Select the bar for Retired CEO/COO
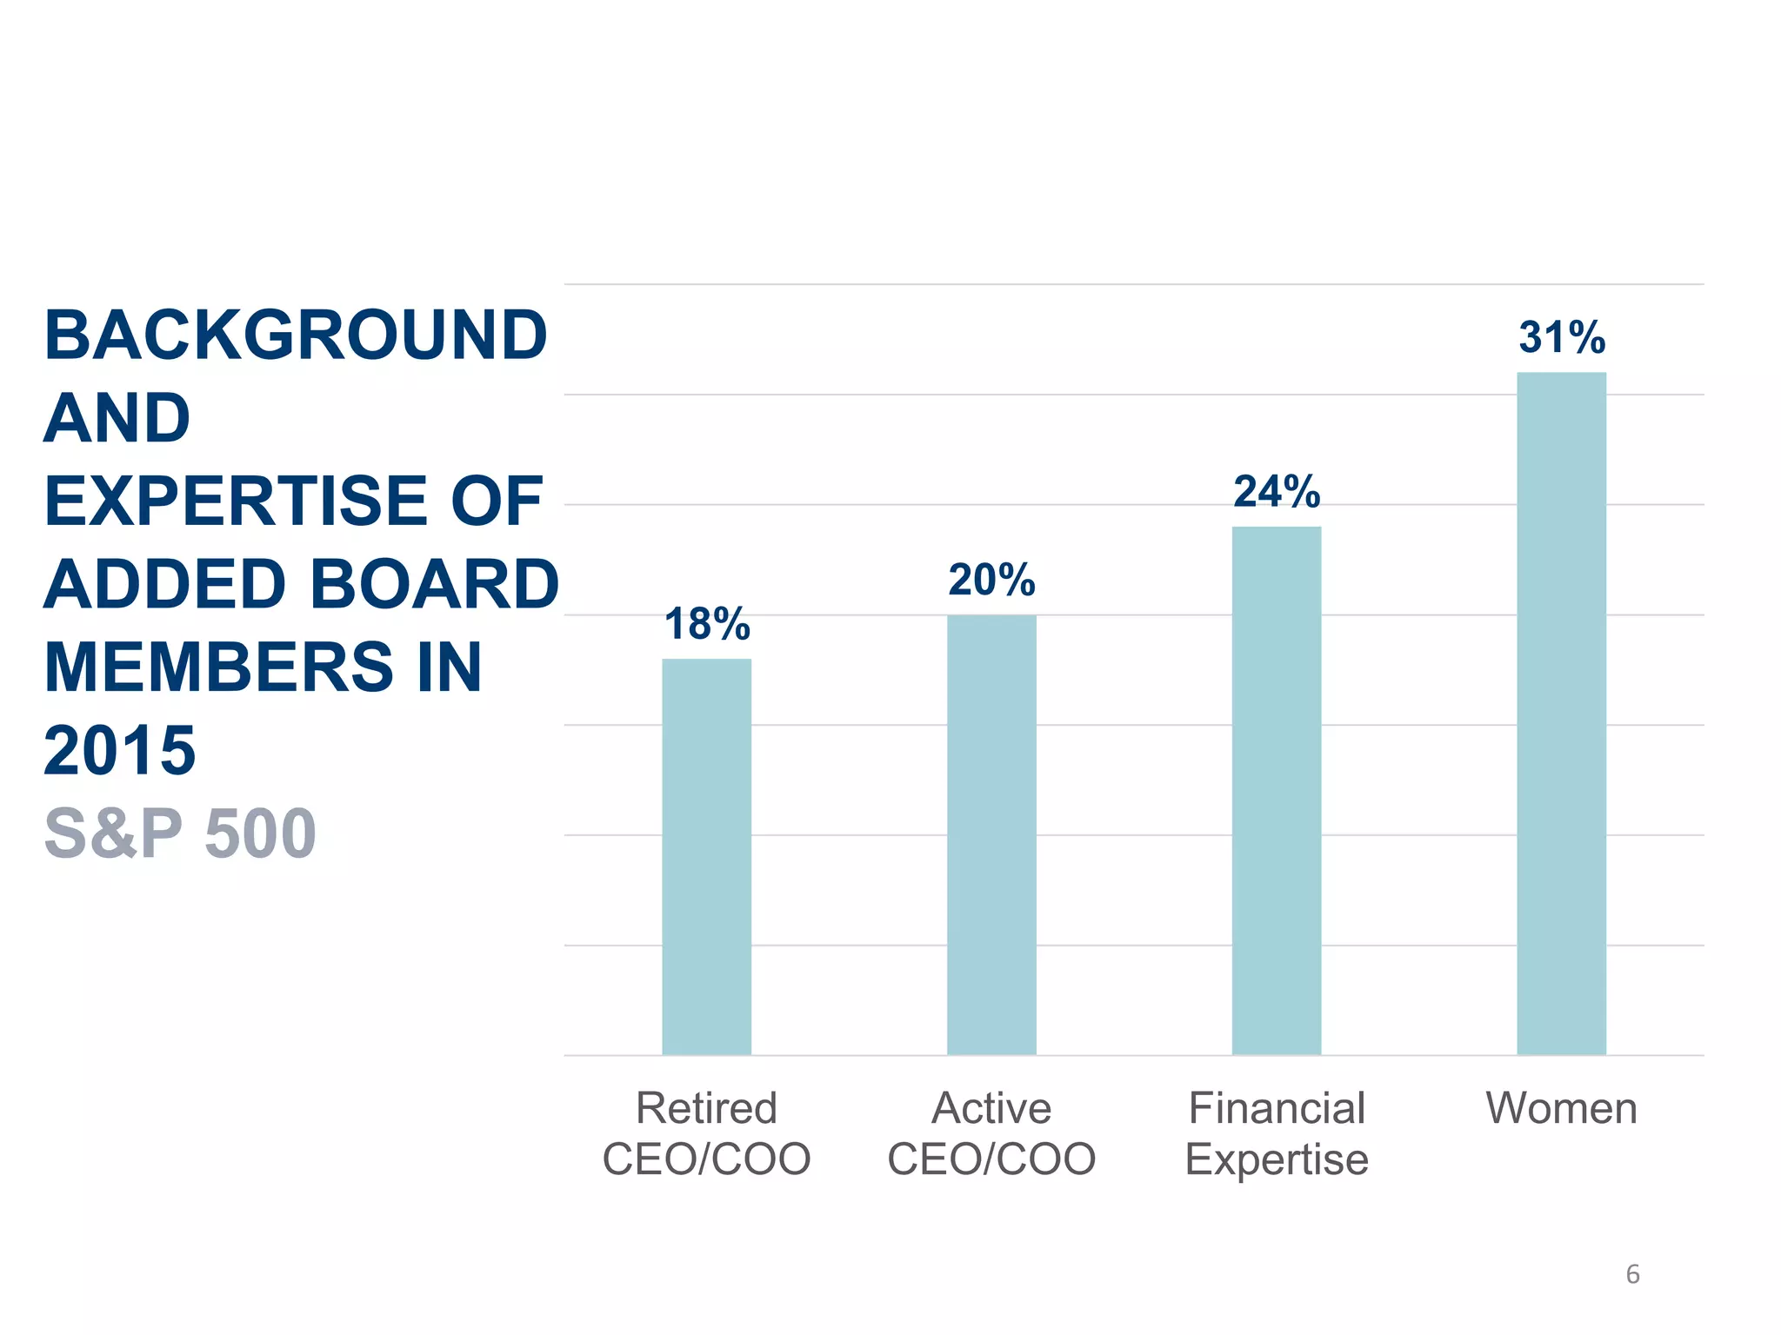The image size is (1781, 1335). point(706,856)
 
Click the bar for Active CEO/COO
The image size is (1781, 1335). point(991,834)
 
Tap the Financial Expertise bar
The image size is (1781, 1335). point(1277,791)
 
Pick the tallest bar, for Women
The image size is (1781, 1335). point(1561,713)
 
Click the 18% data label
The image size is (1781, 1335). point(706,624)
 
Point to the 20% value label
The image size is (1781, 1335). point(991,580)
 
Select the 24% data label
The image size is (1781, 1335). point(1277,492)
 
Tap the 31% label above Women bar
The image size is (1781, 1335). point(1562,337)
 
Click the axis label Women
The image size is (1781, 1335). point(1561,1108)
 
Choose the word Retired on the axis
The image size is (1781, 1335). point(706,1108)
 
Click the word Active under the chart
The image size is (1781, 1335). point(991,1108)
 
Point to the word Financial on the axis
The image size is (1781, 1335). point(1277,1108)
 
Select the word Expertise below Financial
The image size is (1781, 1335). point(1277,1159)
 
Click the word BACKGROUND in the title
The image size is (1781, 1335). point(296,335)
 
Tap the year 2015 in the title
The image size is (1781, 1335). point(119,750)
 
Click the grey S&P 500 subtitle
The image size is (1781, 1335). point(180,834)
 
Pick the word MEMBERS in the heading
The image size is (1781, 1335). point(217,667)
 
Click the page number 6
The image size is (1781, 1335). point(1632,1274)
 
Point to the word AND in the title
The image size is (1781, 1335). point(117,418)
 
